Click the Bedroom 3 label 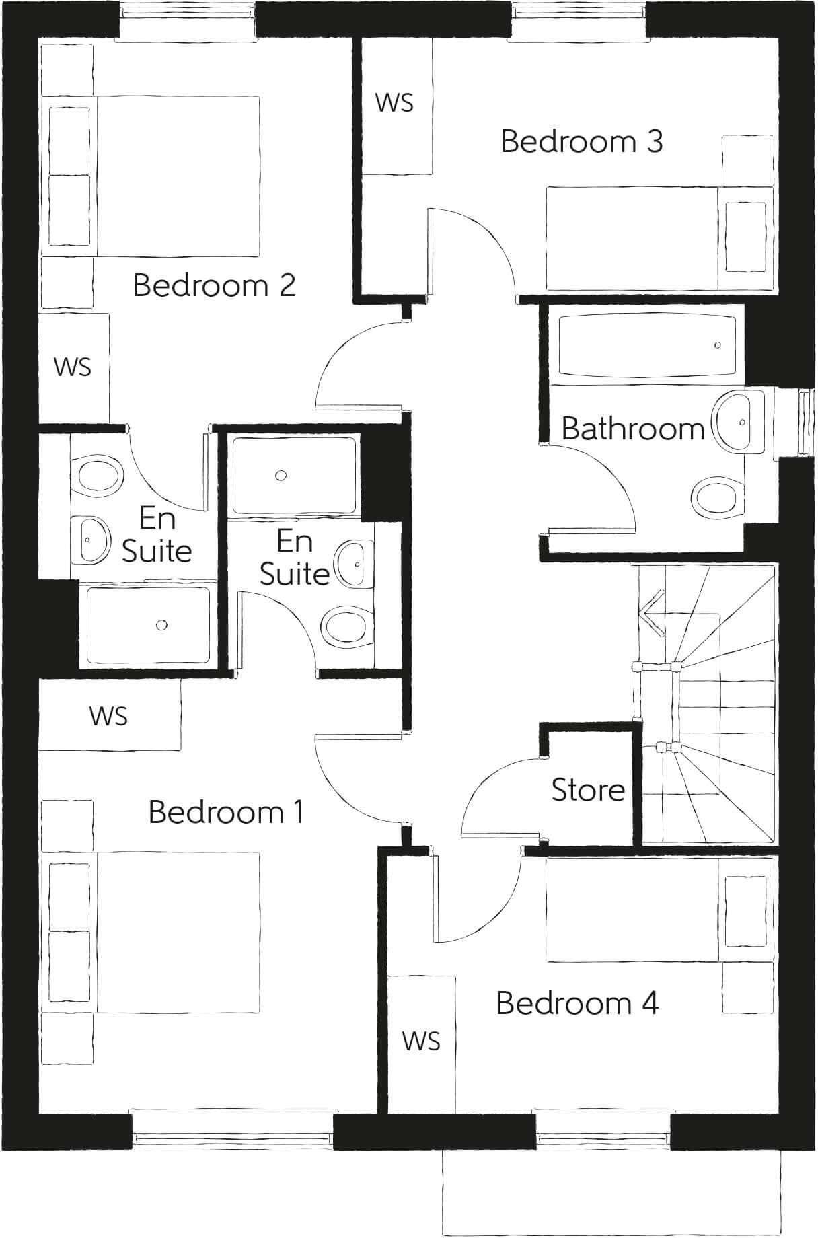click(582, 142)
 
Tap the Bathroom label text click(632, 429)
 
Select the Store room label click(588, 790)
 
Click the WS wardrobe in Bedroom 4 click(421, 1041)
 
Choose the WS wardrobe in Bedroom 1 click(109, 716)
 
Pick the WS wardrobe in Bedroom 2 click(73, 367)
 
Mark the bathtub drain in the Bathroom click(717, 345)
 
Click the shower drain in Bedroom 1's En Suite click(281, 476)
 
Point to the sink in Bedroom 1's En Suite click(355, 562)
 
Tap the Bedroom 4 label click(577, 1003)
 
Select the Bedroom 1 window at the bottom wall click(233, 667)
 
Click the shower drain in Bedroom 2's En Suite click(161, 625)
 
